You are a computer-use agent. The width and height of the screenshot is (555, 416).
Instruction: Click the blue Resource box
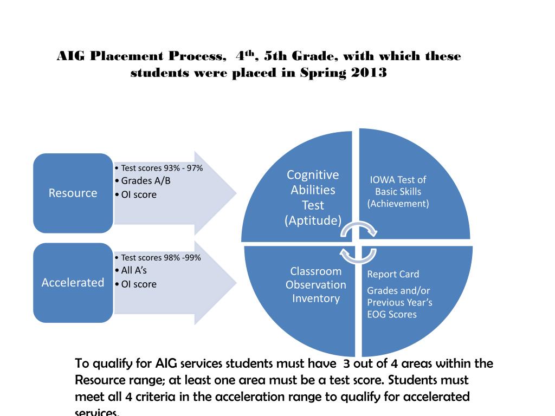coord(73,193)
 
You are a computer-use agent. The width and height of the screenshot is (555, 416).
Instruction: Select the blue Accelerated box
coord(73,283)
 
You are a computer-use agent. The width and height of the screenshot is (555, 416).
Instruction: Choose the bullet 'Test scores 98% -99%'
coord(160,257)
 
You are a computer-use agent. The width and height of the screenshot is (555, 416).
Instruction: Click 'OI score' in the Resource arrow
coord(138,194)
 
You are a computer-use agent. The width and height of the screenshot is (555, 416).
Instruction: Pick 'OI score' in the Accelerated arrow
coord(138,284)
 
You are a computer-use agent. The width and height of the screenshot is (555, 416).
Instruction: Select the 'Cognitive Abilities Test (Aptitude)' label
coord(313,197)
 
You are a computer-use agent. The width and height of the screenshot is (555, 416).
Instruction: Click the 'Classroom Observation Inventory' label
coord(316,284)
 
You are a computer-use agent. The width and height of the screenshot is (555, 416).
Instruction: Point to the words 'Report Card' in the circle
coord(393,274)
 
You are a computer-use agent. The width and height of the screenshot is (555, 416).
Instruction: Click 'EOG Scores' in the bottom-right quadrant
coord(392,314)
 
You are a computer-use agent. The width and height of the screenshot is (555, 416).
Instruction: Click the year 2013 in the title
coord(369,73)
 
